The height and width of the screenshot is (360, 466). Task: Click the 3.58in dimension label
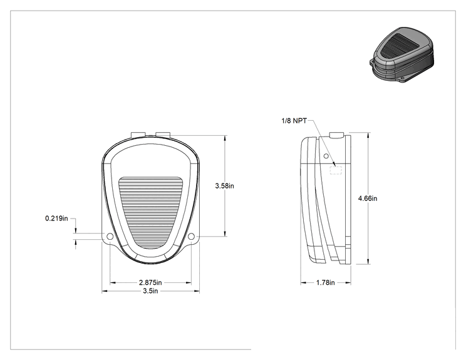coord(224,186)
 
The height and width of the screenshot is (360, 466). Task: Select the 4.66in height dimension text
coord(368,198)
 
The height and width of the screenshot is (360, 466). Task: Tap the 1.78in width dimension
coord(326,282)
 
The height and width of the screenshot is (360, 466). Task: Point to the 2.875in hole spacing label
coord(150,282)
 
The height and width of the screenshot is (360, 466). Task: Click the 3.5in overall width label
coord(150,291)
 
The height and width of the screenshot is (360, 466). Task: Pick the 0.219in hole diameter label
coord(56,219)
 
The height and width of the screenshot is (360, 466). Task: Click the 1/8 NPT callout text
coord(294,121)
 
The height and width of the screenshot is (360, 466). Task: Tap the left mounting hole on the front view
coord(110,237)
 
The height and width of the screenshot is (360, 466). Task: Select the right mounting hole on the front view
coord(192,237)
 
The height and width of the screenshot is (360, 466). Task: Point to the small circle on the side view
coord(326,156)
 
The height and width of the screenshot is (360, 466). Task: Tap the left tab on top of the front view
coord(138,134)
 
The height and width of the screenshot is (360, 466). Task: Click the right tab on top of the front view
coord(163,134)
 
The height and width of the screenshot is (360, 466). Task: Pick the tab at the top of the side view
coord(337,135)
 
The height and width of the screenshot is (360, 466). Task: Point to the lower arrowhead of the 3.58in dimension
coord(225,234)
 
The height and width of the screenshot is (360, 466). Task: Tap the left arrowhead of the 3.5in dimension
coord(105,291)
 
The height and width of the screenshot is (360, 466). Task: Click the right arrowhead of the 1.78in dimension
coord(348,283)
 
